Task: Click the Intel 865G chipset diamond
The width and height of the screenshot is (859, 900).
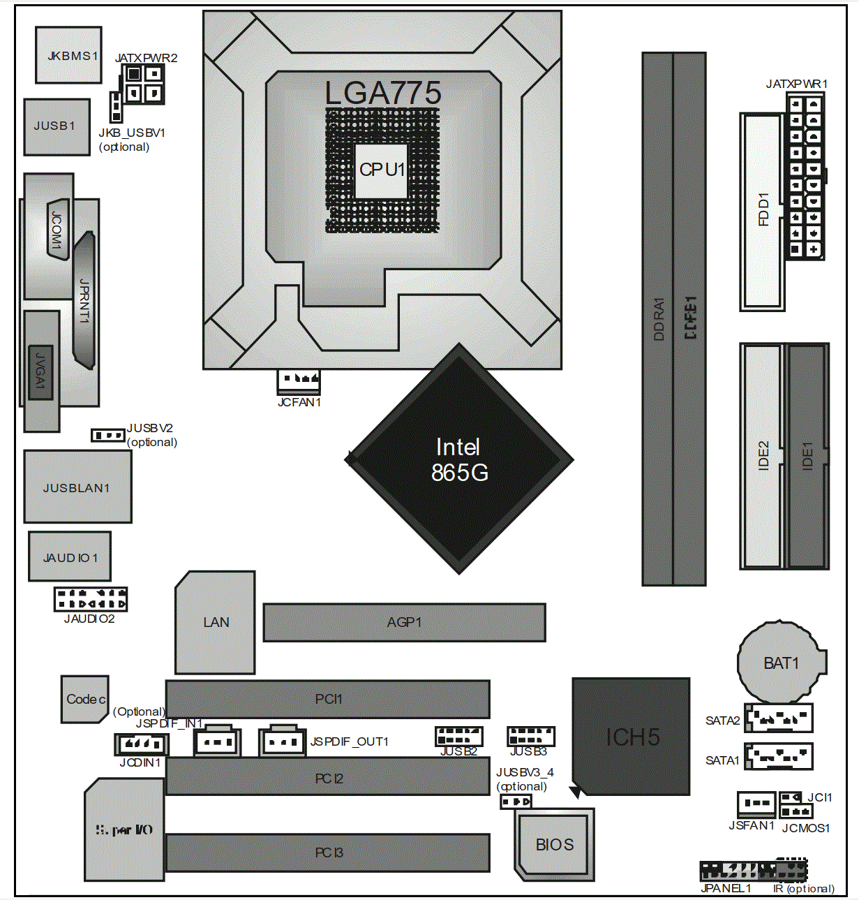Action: coord(459,459)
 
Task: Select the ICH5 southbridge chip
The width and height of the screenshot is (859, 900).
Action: coord(631,736)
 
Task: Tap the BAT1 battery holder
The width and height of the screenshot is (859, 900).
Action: coord(781,662)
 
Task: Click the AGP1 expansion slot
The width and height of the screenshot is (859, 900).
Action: coord(404,622)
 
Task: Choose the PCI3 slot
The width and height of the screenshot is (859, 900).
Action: coord(328,853)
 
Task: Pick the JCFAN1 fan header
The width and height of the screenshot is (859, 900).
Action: coord(299,380)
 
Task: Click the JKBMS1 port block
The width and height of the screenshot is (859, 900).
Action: coord(68,55)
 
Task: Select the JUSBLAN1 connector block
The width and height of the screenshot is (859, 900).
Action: coord(77,487)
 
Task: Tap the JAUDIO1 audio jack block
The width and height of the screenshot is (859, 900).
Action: coord(69,556)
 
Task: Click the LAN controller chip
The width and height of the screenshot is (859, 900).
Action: coord(215,622)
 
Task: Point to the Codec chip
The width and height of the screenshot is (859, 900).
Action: coord(84,699)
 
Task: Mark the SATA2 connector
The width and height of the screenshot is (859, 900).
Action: coord(778,717)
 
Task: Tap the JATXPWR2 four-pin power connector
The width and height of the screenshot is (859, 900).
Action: coord(144,83)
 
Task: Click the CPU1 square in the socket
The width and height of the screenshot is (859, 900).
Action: coord(381,170)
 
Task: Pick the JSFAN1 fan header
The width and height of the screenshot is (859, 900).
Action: coord(756,804)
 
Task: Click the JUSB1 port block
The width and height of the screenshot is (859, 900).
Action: coord(57,126)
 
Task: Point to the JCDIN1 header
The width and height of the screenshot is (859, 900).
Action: coord(142,744)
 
